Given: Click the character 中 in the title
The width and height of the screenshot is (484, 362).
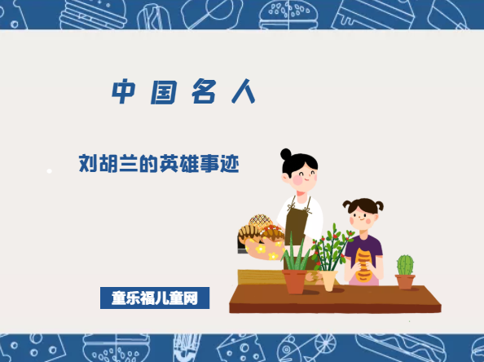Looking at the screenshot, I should tap(122, 92).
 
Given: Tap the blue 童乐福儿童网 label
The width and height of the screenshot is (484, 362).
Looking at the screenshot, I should tap(155, 298).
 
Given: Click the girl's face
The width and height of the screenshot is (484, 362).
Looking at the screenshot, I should tap(364, 216).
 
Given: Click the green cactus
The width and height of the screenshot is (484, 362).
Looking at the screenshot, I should tap(405, 265).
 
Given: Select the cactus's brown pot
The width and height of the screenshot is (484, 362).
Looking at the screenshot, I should tap(405, 281).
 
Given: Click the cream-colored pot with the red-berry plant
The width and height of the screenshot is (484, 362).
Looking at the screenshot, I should tap(329, 280).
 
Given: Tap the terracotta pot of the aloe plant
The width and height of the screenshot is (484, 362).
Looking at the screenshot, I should tap(295, 281).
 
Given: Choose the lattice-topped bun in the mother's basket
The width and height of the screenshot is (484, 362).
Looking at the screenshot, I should tap(260, 221).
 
